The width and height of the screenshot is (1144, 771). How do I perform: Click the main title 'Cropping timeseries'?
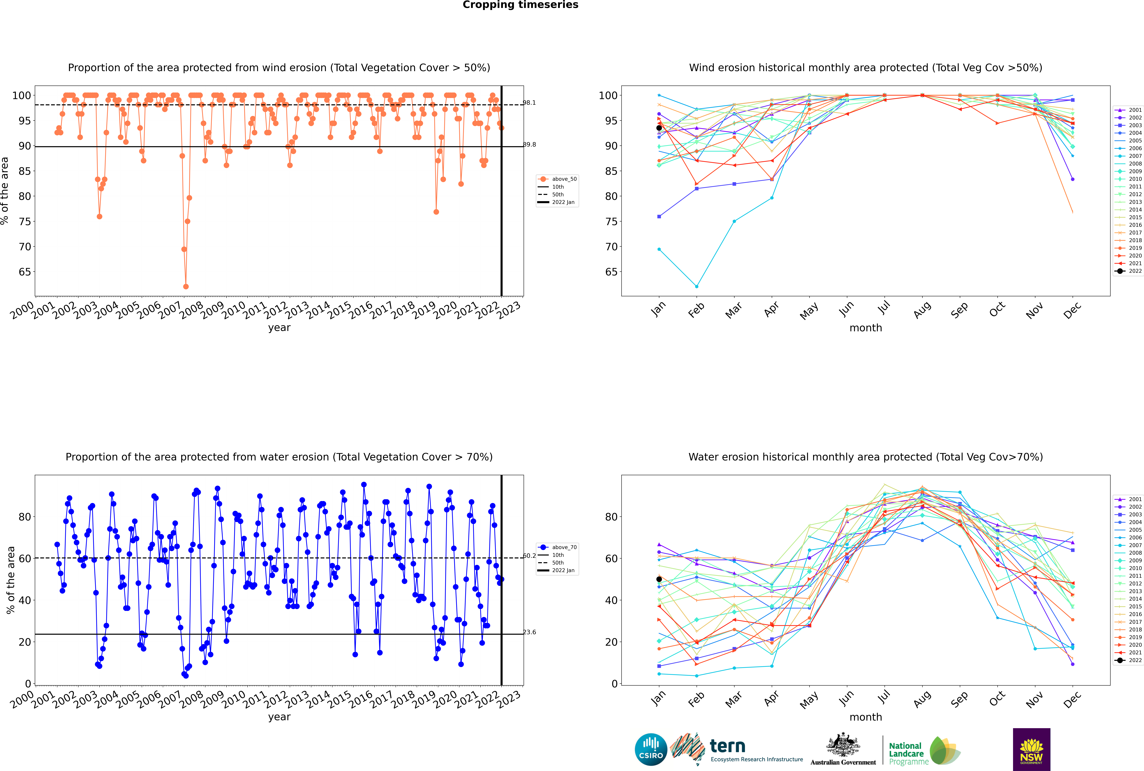[520, 5]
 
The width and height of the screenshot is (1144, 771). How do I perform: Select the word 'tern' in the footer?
[727, 746]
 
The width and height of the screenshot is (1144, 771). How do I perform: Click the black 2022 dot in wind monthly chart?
[659, 128]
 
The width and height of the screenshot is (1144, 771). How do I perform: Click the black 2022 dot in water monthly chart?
[659, 579]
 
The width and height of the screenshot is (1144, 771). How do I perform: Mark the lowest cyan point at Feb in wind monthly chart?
[696, 286]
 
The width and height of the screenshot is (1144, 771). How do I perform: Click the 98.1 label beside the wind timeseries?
[529, 103]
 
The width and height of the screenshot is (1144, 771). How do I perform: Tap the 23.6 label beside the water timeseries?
[529, 632]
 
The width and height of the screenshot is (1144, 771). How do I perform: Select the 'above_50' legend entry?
[557, 179]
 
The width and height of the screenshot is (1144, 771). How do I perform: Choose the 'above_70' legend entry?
[557, 547]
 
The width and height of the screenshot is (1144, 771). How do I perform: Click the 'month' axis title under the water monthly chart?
[866, 717]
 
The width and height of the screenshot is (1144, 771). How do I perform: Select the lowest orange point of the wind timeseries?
[186, 286]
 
